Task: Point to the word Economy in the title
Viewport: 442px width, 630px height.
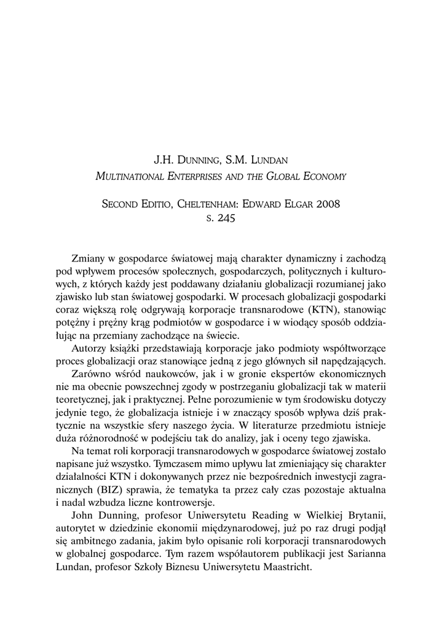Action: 324,177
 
